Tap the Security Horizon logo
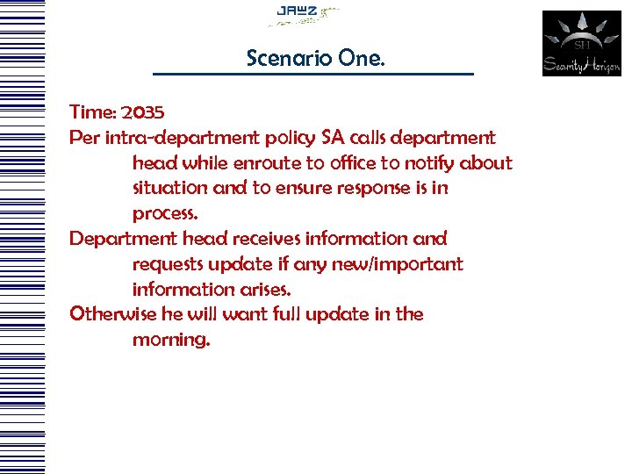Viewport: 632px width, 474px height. pyautogui.click(x=581, y=44)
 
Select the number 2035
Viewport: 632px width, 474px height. pyautogui.click(x=143, y=112)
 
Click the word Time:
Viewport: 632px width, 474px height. pyautogui.click(x=93, y=112)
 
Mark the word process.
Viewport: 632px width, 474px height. pyautogui.click(x=165, y=214)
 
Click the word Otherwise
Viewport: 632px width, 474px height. pyautogui.click(x=111, y=314)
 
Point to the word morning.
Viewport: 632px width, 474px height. pyautogui.click(x=171, y=341)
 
